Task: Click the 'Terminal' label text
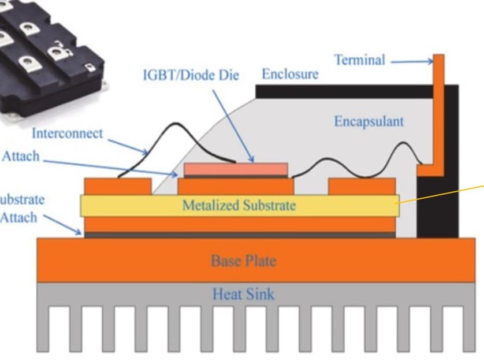tap(359, 60)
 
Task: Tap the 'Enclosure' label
tap(290, 75)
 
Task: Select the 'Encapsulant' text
tap(368, 121)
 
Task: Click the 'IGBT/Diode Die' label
tap(191, 76)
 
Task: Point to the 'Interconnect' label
tap(67, 133)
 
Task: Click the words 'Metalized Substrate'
tap(239, 205)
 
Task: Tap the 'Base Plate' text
tap(243, 261)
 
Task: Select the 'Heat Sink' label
tap(243, 294)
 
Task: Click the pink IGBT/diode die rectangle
tap(236, 169)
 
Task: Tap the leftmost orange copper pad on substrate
tap(118, 186)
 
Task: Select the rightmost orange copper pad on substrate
tap(362, 186)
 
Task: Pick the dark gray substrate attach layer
tap(240, 235)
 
